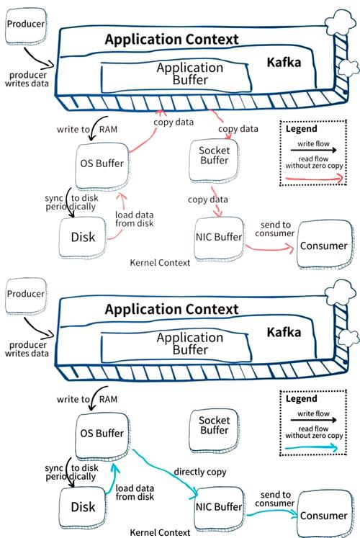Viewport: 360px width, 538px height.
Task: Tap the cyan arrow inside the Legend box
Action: point(318,447)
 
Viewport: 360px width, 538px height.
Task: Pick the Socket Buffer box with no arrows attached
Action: point(213,425)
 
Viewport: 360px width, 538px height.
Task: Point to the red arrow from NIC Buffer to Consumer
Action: point(270,248)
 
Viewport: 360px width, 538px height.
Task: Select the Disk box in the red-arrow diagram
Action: point(83,237)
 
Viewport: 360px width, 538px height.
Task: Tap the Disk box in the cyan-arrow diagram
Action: point(83,506)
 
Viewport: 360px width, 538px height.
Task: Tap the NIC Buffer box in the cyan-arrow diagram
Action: point(218,507)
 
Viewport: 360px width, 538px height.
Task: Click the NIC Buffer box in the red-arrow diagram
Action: point(218,237)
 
